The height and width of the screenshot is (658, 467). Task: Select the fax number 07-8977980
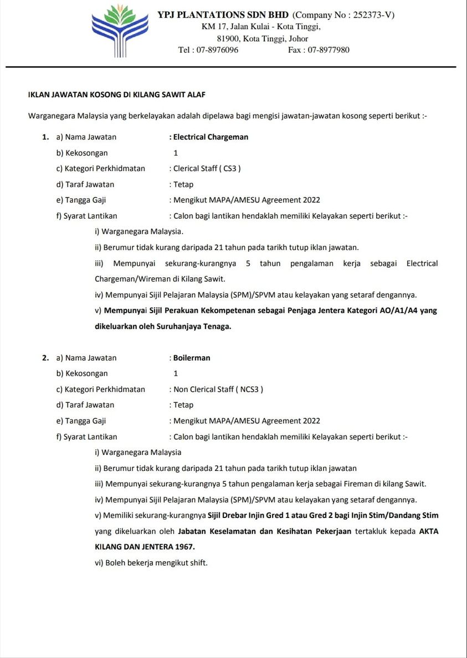329,50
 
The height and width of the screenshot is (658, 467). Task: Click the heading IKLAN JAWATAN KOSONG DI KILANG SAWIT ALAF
116,95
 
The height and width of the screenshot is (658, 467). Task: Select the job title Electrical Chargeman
211,137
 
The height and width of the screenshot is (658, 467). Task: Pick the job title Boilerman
192,358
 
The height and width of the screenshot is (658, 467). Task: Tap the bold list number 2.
45,358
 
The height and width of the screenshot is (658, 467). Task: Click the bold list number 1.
45,137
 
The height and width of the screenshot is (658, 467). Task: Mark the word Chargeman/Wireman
132,279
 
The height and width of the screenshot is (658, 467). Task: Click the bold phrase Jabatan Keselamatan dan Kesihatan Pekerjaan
265,531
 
